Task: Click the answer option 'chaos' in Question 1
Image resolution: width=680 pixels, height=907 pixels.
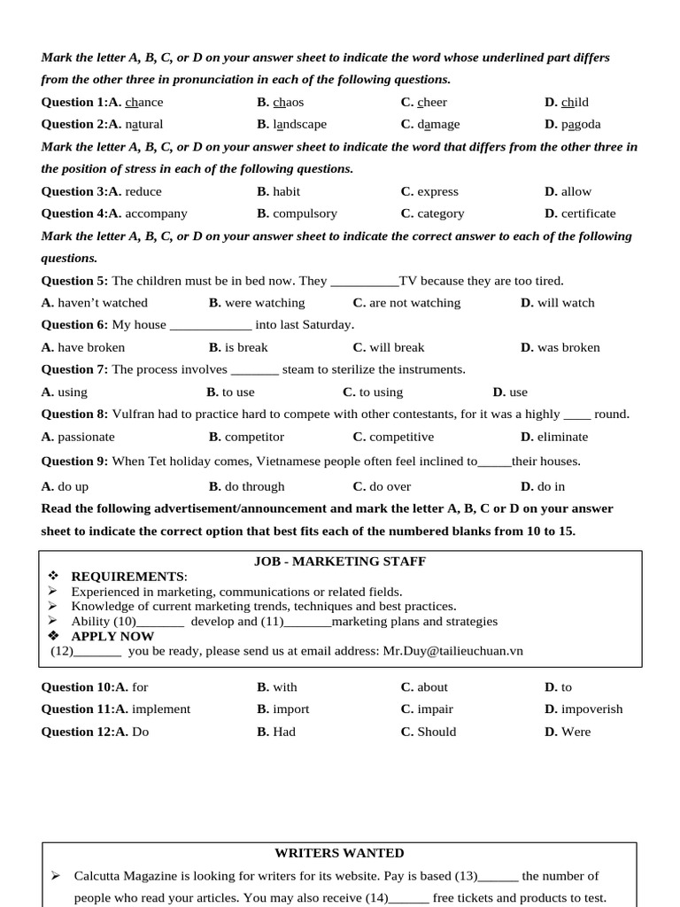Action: [288, 102]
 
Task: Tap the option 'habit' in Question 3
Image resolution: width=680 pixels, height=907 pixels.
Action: [286, 191]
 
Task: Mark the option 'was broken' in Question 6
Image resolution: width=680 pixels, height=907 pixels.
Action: [568, 347]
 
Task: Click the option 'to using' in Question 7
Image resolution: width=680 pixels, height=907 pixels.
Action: [381, 392]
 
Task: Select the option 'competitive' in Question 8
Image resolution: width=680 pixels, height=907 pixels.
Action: [401, 437]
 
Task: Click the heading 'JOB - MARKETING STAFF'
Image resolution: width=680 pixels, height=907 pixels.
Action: [340, 562]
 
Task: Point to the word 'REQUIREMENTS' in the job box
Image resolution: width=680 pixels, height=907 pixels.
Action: [127, 577]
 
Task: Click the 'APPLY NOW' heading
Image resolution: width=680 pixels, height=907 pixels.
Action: [112, 636]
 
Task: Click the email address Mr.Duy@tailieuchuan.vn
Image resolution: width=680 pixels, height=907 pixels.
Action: [452, 651]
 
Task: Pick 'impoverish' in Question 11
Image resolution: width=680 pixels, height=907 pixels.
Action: [591, 709]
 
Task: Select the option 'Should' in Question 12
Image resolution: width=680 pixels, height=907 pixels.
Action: [437, 732]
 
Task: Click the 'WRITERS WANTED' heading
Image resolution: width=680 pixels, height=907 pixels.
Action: [339, 853]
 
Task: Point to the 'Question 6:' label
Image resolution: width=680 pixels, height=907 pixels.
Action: [74, 325]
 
